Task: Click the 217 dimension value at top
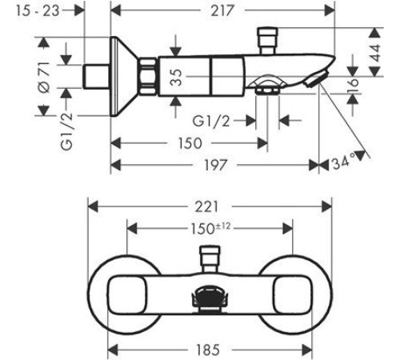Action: tap(222, 11)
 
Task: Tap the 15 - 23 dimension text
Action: tap(38, 11)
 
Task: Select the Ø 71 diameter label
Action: tap(44, 78)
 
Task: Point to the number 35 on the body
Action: tap(176, 78)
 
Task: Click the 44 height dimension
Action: tap(375, 53)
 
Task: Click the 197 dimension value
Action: tap(215, 165)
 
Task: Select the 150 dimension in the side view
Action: tap(190, 143)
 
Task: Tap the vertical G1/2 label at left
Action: tap(66, 131)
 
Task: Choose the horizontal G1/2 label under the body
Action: tap(211, 122)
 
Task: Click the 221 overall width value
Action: tap(206, 206)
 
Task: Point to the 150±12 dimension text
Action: tap(210, 229)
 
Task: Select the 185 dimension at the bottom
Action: tap(208, 350)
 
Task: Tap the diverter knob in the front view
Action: tap(210, 259)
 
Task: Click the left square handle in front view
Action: tap(127, 294)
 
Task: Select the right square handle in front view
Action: tap(293, 294)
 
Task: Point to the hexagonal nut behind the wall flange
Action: tap(147, 77)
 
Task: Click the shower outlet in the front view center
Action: tap(210, 298)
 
